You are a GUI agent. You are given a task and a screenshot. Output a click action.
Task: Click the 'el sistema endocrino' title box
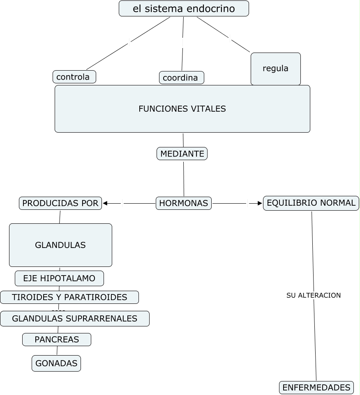click(184, 9)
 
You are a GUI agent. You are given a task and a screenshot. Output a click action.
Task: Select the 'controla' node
click(74, 77)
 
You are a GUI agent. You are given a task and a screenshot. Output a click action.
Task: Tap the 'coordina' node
click(181, 78)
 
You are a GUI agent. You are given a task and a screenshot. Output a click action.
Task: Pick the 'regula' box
click(275, 69)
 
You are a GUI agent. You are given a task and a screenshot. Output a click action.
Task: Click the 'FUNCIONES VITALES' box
click(182, 109)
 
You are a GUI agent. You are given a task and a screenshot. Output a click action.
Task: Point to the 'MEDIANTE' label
click(182, 154)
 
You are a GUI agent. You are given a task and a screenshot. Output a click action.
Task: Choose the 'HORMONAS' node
click(183, 203)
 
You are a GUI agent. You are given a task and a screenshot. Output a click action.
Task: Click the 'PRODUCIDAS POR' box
click(60, 203)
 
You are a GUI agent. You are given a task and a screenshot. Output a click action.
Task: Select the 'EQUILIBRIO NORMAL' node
click(311, 203)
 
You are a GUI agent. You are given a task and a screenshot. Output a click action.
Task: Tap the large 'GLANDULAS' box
click(60, 245)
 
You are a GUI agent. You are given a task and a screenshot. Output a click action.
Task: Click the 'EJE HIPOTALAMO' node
click(59, 278)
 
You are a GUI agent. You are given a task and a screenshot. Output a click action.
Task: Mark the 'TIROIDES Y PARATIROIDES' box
click(69, 297)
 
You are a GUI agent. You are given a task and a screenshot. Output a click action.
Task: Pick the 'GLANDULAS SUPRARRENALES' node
click(74, 319)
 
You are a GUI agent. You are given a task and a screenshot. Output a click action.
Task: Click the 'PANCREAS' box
click(57, 340)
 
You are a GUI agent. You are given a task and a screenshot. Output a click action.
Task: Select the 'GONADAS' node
click(56, 363)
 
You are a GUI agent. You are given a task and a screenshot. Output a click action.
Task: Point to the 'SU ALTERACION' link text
click(314, 295)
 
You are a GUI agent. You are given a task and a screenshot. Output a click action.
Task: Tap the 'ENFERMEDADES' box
click(316, 387)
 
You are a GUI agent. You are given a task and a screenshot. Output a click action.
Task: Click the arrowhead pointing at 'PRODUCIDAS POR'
click(105, 203)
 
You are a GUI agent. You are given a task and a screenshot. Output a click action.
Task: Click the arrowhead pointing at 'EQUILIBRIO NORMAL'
click(260, 203)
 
